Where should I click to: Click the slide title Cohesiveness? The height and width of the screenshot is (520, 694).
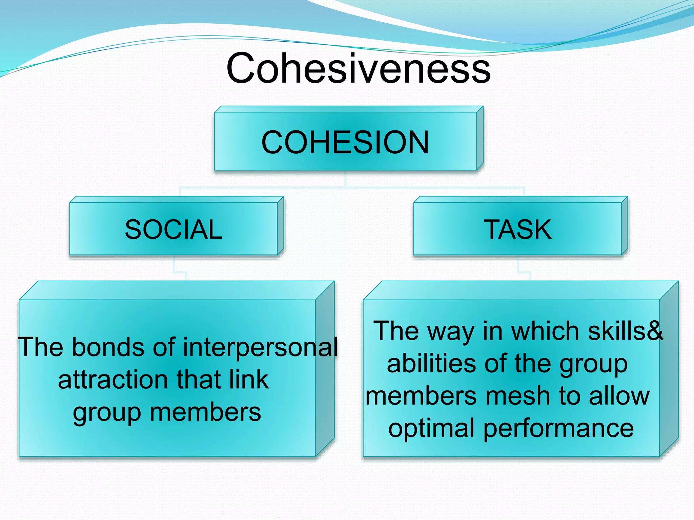click(359, 68)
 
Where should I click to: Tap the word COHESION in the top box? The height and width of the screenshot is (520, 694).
click(345, 142)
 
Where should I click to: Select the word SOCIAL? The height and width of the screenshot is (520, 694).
click(173, 230)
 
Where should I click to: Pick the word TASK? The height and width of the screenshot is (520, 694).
click(518, 230)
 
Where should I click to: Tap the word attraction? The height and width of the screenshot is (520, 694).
click(114, 380)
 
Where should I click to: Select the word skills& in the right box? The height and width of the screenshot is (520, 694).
click(625, 331)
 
